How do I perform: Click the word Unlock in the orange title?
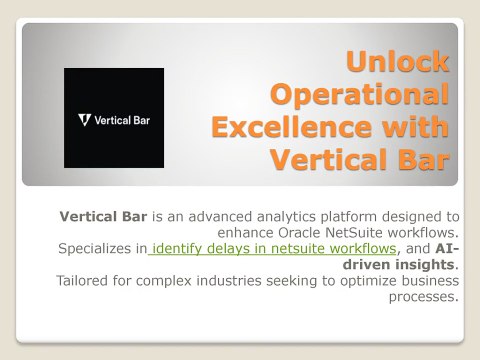[398, 61]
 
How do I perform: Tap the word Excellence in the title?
[291, 127]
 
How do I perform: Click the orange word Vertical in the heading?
[329, 160]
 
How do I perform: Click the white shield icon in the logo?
[85, 120]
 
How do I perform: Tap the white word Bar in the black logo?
[142, 120]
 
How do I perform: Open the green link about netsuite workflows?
[272, 249]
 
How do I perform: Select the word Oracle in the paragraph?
[299, 233]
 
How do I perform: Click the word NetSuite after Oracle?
[354, 233]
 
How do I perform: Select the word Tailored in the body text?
[82, 281]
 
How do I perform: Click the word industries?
[229, 281]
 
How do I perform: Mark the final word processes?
[422, 297]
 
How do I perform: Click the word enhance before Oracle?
[245, 233]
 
